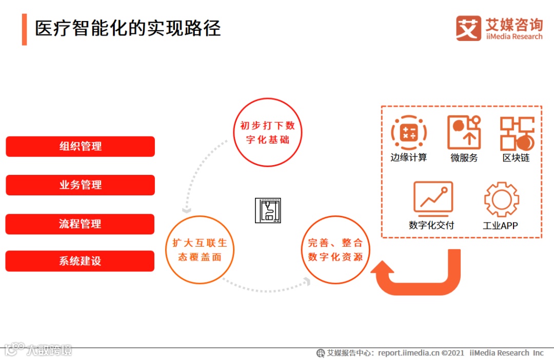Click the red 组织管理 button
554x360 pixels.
[80, 146]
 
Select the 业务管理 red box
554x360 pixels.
[80, 185]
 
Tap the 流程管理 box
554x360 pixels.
[80, 224]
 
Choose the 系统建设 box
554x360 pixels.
[80, 261]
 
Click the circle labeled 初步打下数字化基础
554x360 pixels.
[268, 132]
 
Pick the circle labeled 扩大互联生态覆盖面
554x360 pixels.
[200, 250]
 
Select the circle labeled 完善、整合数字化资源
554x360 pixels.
[335, 250]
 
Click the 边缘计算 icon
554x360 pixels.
[409, 133]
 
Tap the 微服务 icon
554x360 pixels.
[464, 132]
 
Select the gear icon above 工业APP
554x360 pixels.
[501, 199]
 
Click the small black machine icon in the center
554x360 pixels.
[268, 210]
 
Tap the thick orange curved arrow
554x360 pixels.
[421, 277]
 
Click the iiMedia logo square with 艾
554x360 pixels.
[468, 28]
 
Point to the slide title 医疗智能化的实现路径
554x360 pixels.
[128, 28]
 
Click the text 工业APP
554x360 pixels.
[500, 226]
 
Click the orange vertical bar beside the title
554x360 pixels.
[24, 29]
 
